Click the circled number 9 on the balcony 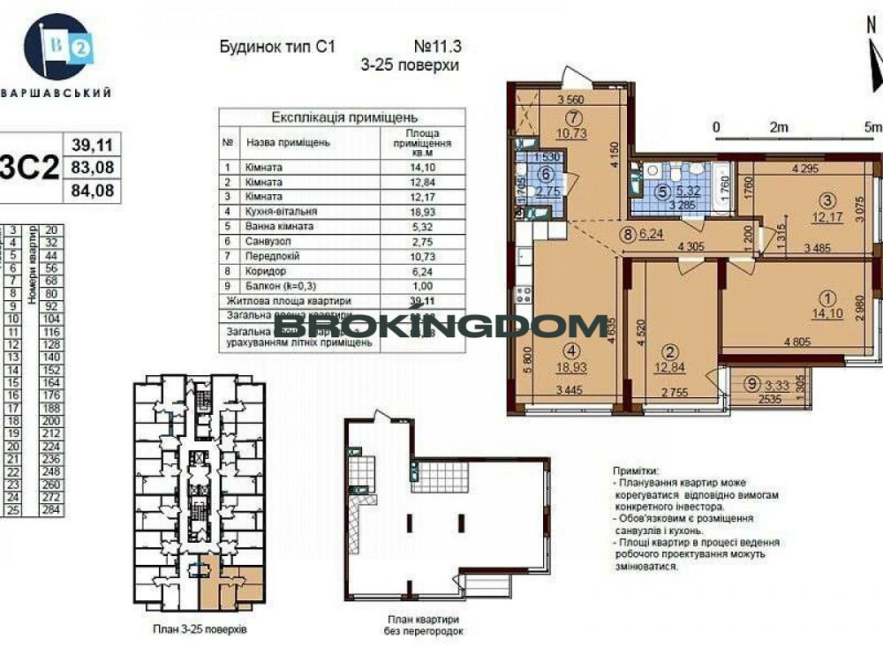750,384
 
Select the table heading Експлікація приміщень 344,117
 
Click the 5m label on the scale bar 873,127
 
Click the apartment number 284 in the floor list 49,510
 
